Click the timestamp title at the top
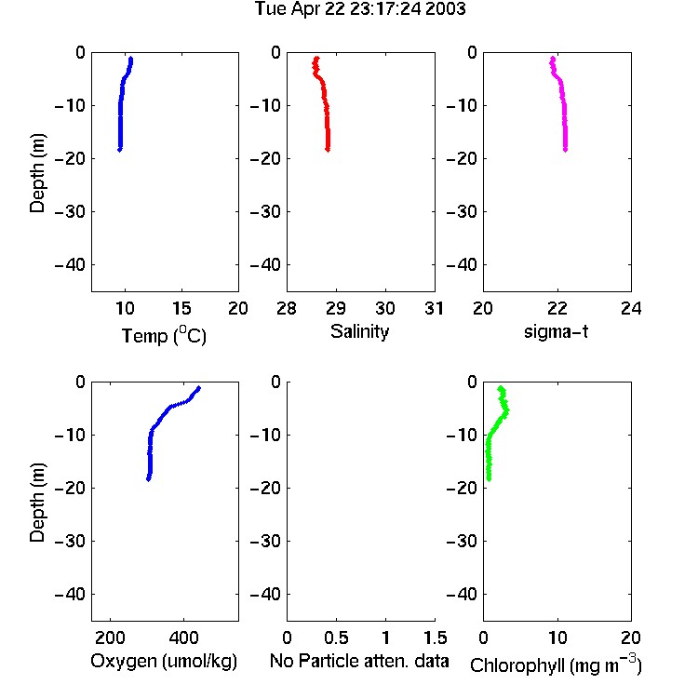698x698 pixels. (359, 8)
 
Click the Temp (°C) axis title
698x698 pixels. (164, 335)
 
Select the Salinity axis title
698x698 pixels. (359, 331)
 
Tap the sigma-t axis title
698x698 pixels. (556, 331)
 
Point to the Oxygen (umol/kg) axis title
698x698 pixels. (164, 661)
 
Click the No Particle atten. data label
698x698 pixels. (359, 661)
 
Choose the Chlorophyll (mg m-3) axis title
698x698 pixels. (556, 664)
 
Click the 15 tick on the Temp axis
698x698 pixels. (181, 308)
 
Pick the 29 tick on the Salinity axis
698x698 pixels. (336, 308)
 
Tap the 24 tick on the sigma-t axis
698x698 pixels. (631, 308)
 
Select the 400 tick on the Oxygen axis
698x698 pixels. (183, 638)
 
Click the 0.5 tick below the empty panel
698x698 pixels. (336, 638)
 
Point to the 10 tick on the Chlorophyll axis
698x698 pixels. (557, 638)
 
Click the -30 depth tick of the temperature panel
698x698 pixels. (70, 211)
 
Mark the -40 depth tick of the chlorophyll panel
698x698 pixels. (462, 594)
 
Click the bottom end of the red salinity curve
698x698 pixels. (328, 150)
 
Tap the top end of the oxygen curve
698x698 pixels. (198, 388)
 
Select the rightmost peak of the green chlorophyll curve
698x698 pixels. (506, 410)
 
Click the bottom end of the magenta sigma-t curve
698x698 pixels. (565, 150)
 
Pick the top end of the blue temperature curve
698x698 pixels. (131, 59)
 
